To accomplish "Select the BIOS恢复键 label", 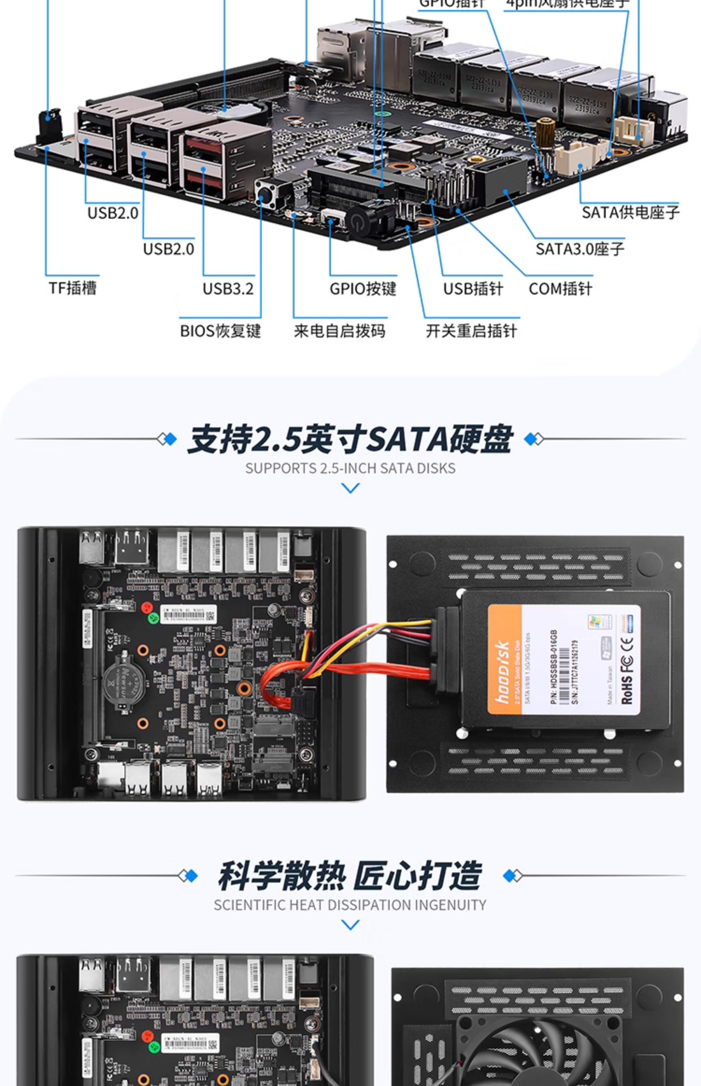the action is tap(220, 331).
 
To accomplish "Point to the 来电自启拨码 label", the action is tap(339, 331).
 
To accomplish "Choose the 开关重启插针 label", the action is tap(471, 331).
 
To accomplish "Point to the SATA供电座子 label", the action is tap(630, 212).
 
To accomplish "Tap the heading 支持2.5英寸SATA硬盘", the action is tap(350, 439).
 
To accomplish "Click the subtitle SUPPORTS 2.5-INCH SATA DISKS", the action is tap(350, 468).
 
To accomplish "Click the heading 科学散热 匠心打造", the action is tap(350, 875).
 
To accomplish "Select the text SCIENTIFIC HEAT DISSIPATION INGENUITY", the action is tap(350, 905).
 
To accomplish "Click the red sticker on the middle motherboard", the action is tap(147, 607).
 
